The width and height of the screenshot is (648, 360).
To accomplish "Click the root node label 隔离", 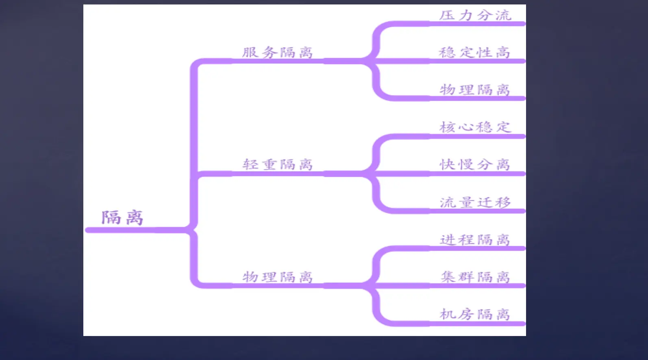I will coord(122,218).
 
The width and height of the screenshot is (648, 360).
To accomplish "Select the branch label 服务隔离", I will coord(277,52).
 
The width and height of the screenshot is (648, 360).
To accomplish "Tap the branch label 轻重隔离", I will coord(277,165).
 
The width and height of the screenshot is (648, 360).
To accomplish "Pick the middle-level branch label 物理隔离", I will coord(277,277).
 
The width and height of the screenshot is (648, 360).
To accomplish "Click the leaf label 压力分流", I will coord(475,15).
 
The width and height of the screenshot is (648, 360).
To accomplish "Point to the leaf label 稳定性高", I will coord(474,52).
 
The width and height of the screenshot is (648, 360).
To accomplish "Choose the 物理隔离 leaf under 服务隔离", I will coord(474,90).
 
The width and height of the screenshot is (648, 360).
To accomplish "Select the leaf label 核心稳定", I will coord(474,127).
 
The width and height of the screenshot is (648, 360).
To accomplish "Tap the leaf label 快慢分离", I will coord(474,165).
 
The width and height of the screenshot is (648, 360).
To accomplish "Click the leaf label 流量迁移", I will coord(475,202).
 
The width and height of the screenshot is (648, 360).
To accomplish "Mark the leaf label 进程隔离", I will coord(474,240).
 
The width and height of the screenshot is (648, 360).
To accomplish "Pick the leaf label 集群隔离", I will coord(475,277).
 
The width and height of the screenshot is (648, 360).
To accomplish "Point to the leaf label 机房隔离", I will coord(474,314).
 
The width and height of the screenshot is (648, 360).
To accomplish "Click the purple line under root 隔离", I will coord(134,230).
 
